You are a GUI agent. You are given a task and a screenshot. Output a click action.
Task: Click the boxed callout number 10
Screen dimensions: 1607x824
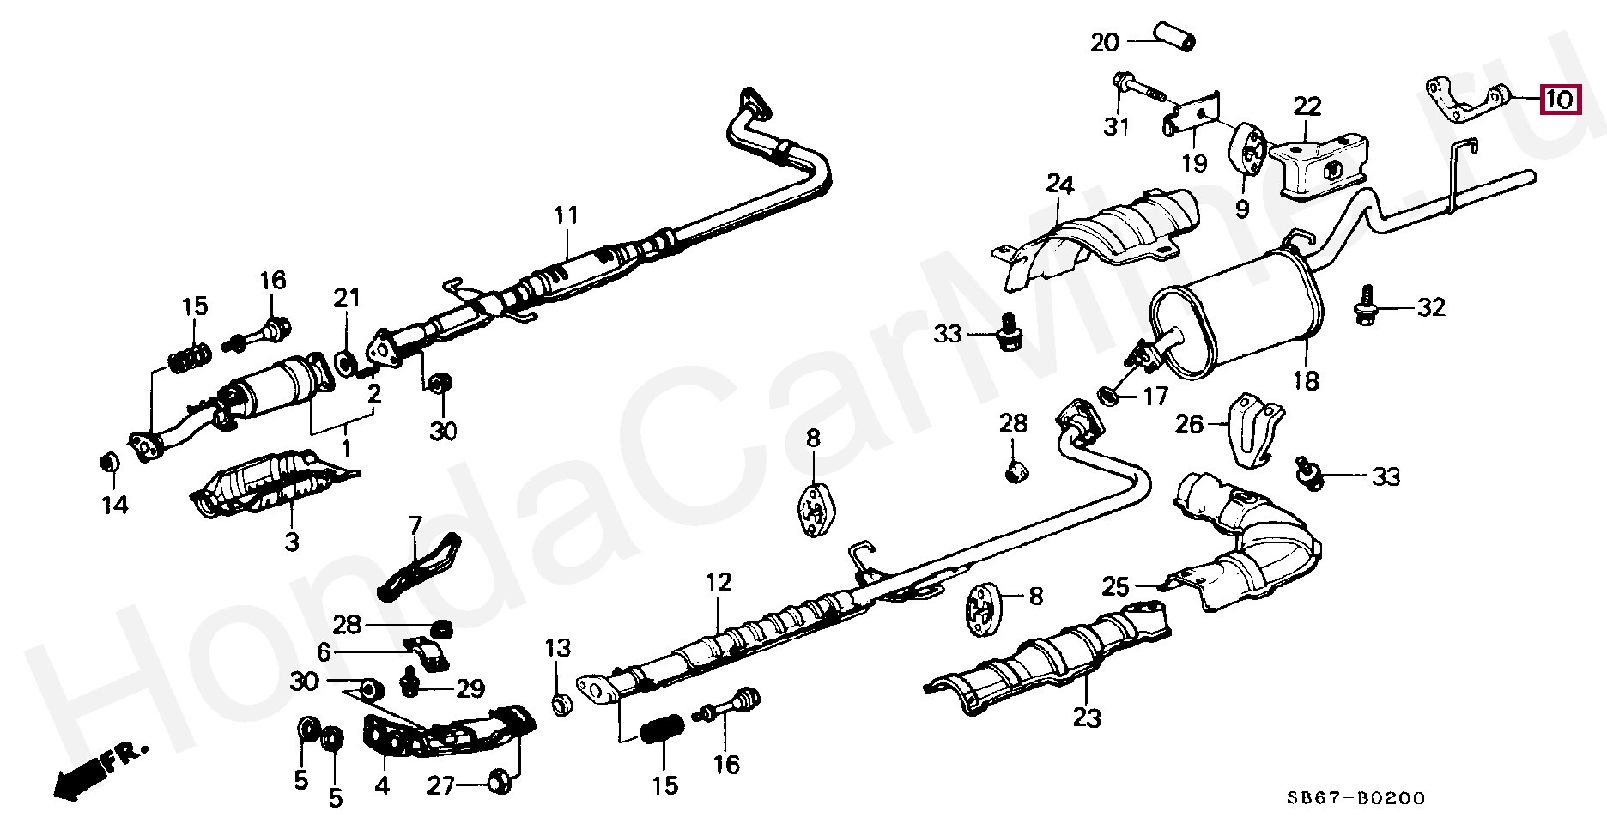tap(1560, 100)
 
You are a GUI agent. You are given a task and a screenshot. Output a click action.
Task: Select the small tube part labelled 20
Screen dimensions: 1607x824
tap(1173, 38)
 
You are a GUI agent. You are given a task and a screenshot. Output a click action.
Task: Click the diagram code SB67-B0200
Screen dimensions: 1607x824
tap(1355, 798)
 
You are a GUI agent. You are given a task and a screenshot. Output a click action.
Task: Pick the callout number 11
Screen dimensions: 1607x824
tap(567, 215)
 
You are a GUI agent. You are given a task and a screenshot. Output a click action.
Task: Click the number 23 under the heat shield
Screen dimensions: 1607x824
tap(1086, 717)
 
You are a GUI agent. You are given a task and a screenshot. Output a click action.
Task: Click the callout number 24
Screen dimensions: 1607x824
tap(1060, 185)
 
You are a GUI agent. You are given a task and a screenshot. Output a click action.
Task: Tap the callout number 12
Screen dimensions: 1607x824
tap(719, 583)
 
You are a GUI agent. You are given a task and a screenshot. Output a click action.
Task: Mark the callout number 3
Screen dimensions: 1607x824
tap(292, 542)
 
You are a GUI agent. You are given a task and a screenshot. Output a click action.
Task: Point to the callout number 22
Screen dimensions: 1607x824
tap(1307, 107)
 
